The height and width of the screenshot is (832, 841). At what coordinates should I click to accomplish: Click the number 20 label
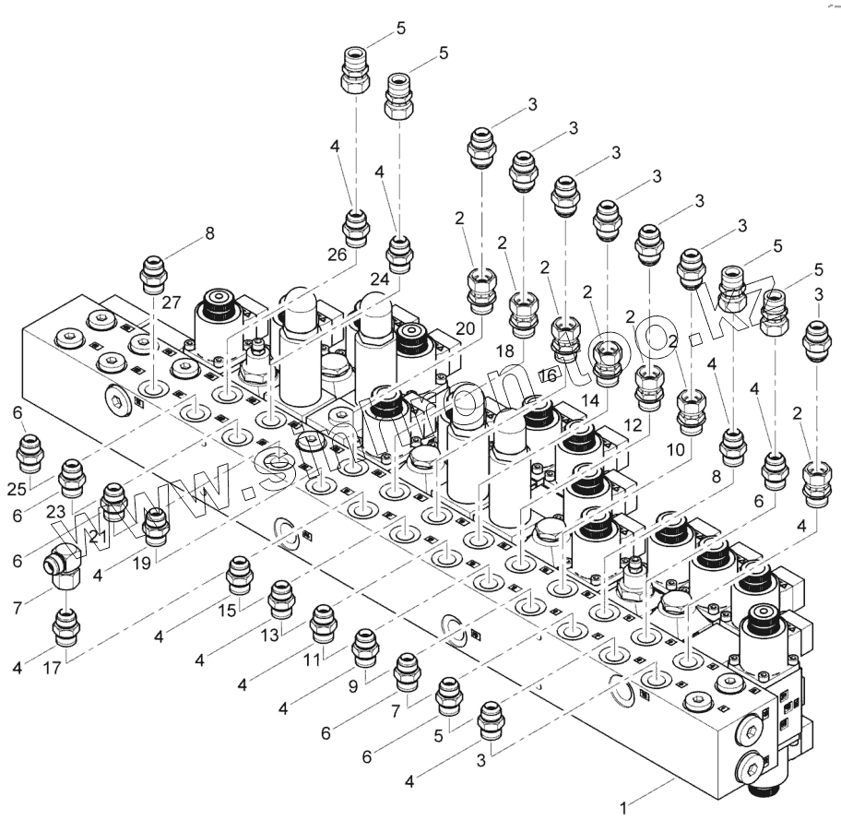pos(464,328)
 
